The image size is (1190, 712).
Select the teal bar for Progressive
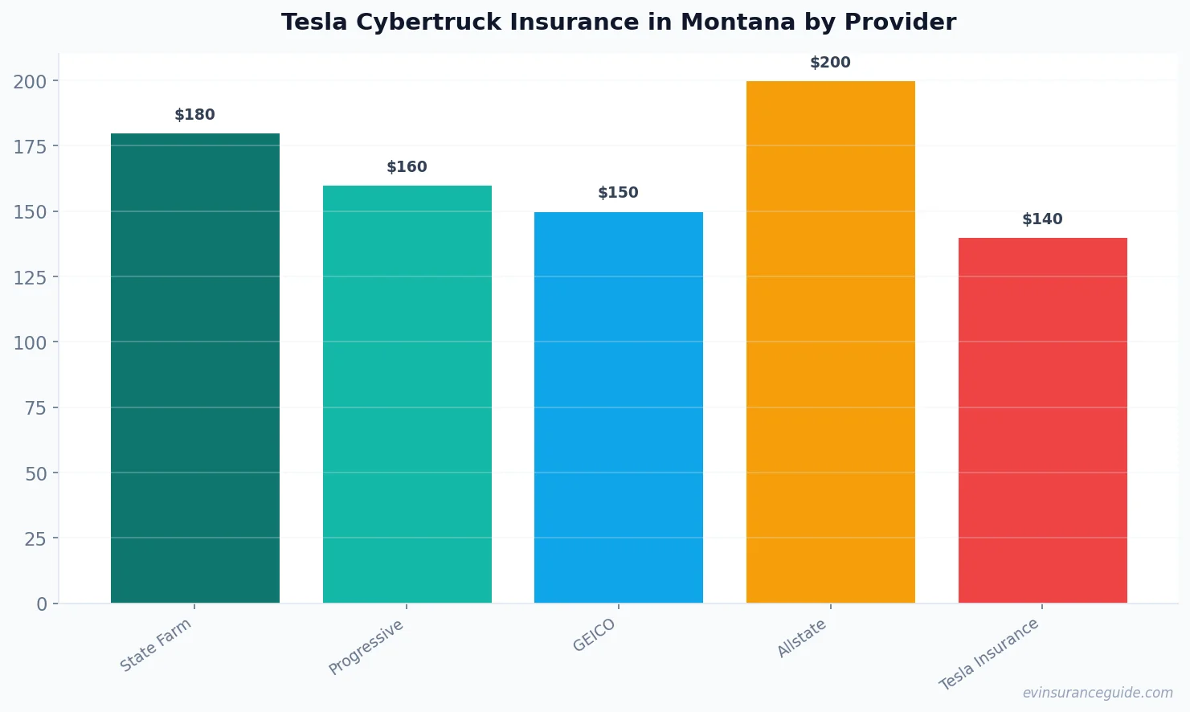407,394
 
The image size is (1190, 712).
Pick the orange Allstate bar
830,342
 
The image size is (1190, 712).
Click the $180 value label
195,115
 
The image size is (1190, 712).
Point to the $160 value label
407,167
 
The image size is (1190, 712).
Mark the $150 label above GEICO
618,193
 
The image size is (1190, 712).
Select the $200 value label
830,63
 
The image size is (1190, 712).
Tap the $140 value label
1042,219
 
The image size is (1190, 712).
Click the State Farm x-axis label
156,644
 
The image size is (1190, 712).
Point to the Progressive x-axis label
366,647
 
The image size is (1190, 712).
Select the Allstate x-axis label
801,640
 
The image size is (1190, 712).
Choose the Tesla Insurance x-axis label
989,654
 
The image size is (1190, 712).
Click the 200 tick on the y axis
30,81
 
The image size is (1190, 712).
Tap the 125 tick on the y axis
30,277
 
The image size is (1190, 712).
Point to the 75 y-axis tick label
35,408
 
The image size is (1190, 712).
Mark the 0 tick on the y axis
42,604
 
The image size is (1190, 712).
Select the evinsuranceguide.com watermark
1098,693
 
